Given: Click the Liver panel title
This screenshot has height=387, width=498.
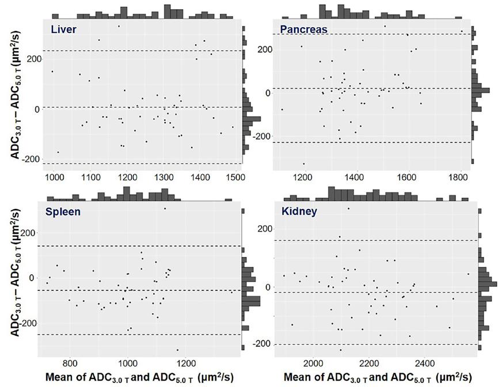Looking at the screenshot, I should pyautogui.click(x=63, y=29).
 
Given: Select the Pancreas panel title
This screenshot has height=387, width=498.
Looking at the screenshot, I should pyautogui.click(x=303, y=29).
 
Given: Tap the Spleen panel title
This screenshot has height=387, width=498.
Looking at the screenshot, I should pyautogui.click(x=63, y=211).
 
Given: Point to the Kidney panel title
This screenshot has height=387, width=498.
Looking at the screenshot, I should pyautogui.click(x=298, y=211).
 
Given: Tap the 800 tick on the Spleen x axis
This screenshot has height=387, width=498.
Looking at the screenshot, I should pyautogui.click(x=70, y=363).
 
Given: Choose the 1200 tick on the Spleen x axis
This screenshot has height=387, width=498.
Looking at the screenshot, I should pyautogui.click(x=185, y=363).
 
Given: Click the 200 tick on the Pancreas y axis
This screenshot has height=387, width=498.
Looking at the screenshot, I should pyautogui.click(x=264, y=50).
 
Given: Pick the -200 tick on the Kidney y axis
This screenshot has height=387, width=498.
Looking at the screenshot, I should pyautogui.click(x=264, y=344).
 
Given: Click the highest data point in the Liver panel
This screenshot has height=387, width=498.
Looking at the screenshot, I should pyautogui.click(x=119, y=26).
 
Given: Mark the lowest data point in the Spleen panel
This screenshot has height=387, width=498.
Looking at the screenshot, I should pyautogui.click(x=177, y=350).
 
